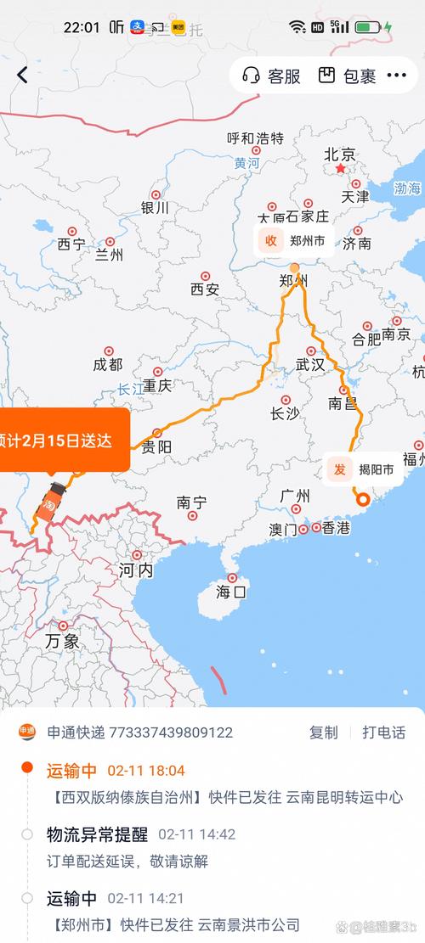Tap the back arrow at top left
coord(22,75)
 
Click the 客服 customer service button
coord(272,76)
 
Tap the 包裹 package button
coord(348,76)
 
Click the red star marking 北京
coord(341,169)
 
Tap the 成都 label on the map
coord(108,364)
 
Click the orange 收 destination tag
coord(271,240)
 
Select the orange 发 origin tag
coord(339,469)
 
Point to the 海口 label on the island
coord(230,591)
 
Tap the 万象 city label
coord(62,640)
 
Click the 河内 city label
coord(136,570)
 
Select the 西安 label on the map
coord(205,289)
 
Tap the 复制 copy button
coord(323,733)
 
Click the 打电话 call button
coord(383,733)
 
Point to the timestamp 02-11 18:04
coord(145,771)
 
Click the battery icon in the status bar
coord(369,27)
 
